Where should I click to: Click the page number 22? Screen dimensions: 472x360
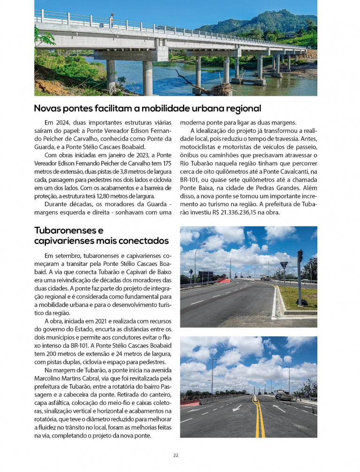tap(176, 455)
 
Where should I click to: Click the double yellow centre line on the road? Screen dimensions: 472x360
tap(259, 418)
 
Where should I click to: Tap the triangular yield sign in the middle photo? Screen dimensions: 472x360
tap(283, 265)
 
